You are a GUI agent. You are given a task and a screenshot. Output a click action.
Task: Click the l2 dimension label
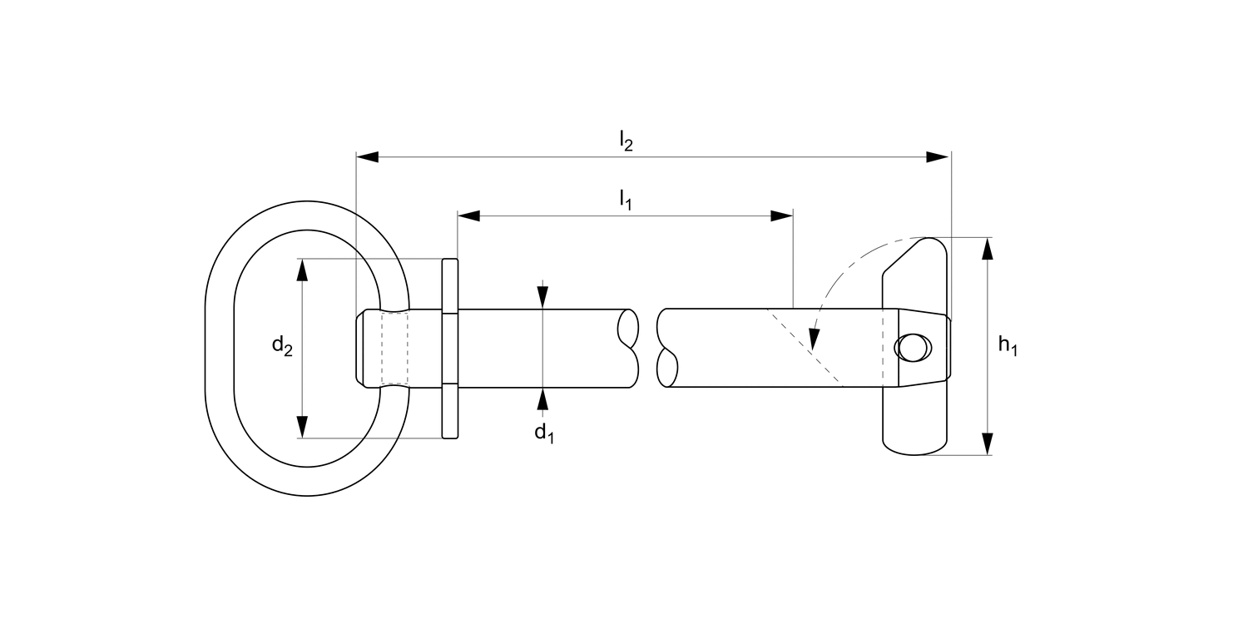(x=626, y=142)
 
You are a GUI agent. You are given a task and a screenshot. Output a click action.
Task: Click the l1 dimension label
(x=625, y=200)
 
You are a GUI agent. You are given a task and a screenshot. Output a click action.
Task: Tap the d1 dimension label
(x=543, y=433)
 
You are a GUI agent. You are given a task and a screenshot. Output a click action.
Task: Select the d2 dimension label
(x=282, y=348)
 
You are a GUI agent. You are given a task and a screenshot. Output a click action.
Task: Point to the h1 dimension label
(x=1008, y=347)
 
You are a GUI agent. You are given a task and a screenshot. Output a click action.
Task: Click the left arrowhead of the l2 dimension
(x=367, y=156)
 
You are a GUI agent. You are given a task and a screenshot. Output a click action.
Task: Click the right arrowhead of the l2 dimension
(x=939, y=156)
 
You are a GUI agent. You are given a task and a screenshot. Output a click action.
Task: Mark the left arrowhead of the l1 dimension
(x=469, y=216)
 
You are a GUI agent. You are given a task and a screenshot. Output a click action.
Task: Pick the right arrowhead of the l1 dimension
(x=781, y=216)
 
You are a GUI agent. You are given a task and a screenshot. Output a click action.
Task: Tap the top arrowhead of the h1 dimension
(x=988, y=249)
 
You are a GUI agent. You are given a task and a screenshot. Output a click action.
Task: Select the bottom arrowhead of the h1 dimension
(x=988, y=444)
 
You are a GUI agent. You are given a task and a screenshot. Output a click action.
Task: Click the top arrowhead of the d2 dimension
(x=302, y=270)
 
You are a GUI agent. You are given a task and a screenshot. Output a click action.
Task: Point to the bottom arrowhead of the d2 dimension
(x=302, y=427)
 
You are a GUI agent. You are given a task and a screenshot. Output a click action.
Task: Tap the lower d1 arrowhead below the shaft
(x=543, y=399)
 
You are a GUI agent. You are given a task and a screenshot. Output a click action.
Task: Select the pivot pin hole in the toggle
(x=912, y=348)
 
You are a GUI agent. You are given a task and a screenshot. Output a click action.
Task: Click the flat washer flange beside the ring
(x=449, y=349)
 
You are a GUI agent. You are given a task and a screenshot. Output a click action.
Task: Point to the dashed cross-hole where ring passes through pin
(x=394, y=348)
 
